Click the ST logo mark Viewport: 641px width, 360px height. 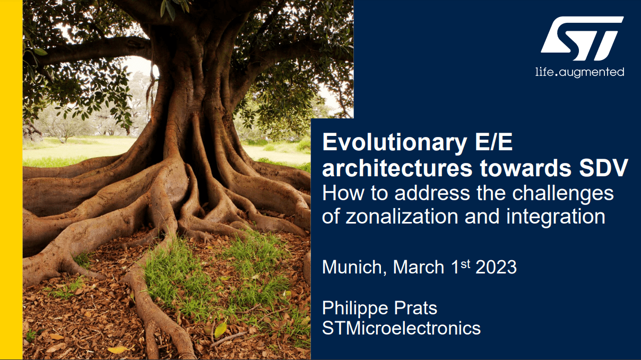click(x=582, y=38)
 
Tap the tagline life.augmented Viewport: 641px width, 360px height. click(x=580, y=72)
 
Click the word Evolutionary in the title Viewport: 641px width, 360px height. click(x=395, y=143)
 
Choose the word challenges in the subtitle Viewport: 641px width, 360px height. click(x=563, y=194)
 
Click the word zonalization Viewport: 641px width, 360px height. click(x=402, y=217)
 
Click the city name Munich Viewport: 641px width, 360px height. click(x=352, y=267)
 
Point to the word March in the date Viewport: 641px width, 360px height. click(x=419, y=267)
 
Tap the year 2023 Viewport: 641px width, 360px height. click(x=496, y=267)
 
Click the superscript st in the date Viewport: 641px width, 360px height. click(x=465, y=264)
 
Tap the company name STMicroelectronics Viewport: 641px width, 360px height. click(x=401, y=328)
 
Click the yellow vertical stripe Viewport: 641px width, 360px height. click(x=11, y=180)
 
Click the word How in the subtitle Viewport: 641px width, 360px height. click(x=343, y=193)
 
